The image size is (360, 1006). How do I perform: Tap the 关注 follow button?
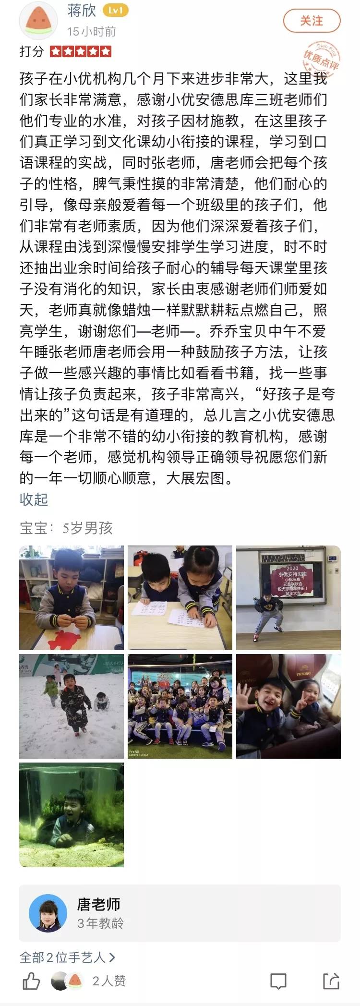[x=312, y=21]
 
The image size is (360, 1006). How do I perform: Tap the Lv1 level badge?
[x=116, y=11]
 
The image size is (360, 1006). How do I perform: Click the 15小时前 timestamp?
[x=91, y=32]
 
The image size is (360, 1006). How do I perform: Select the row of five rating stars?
[x=81, y=51]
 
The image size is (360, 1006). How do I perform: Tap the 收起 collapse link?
[x=34, y=499]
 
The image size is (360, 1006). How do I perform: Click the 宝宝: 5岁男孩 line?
[x=66, y=528]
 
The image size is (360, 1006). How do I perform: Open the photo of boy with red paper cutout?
[x=72, y=598]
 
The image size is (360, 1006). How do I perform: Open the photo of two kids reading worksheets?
[x=180, y=598]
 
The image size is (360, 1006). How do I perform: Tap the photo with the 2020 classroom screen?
[x=288, y=598]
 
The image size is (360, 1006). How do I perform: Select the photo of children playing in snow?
[x=72, y=706]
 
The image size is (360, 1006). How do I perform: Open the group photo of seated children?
[x=180, y=706]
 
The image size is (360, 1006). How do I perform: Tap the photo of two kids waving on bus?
[x=288, y=706]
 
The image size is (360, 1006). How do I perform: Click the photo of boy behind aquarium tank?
[x=72, y=815]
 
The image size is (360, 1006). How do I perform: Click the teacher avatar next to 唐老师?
[x=48, y=913]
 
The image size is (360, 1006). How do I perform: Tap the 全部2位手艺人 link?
[x=67, y=958]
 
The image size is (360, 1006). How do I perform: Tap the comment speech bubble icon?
[x=278, y=981]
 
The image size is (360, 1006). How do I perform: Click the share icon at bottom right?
[x=331, y=981]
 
